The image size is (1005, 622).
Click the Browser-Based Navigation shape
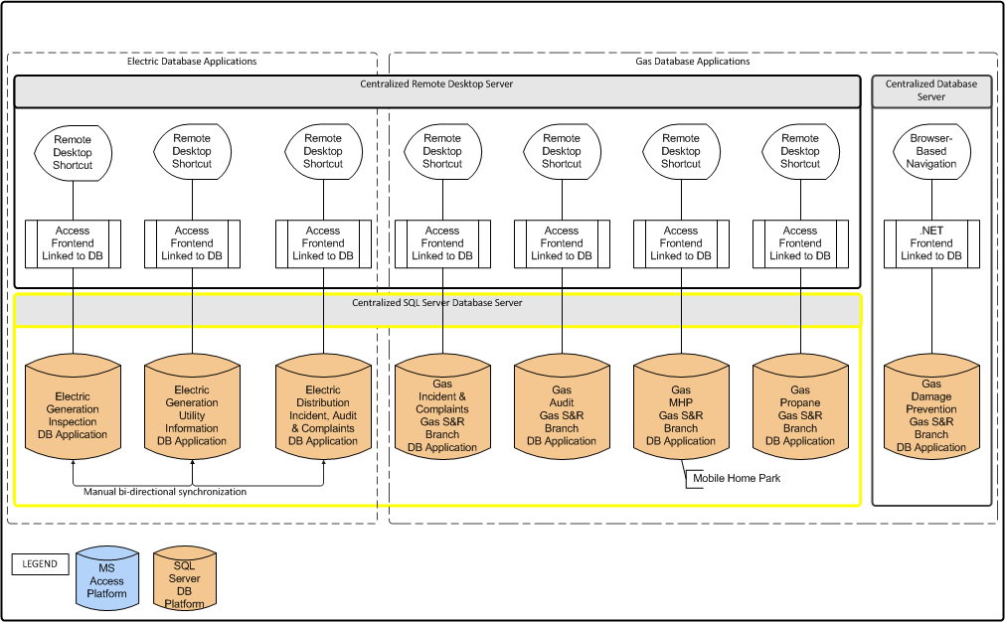tap(931, 151)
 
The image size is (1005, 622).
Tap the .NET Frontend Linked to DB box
tap(931, 243)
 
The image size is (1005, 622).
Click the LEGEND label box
tap(41, 564)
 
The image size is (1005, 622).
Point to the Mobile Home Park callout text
tap(737, 478)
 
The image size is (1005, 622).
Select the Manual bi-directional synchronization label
tap(165, 492)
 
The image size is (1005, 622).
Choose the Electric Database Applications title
tap(192, 62)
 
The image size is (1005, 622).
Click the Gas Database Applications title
tap(692, 62)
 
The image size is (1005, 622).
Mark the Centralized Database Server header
tap(931, 90)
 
